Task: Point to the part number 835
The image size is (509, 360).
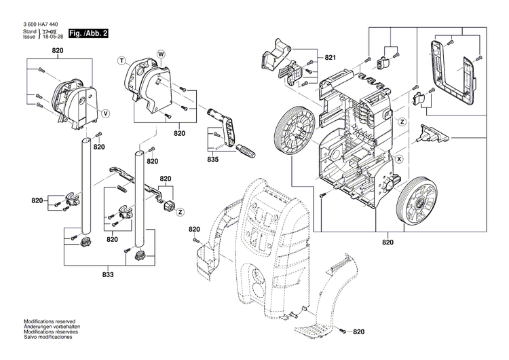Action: click(214, 160)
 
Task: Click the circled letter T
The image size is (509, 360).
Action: click(122, 61)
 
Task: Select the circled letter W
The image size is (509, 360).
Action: click(161, 53)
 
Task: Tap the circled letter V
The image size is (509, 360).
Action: click(105, 111)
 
